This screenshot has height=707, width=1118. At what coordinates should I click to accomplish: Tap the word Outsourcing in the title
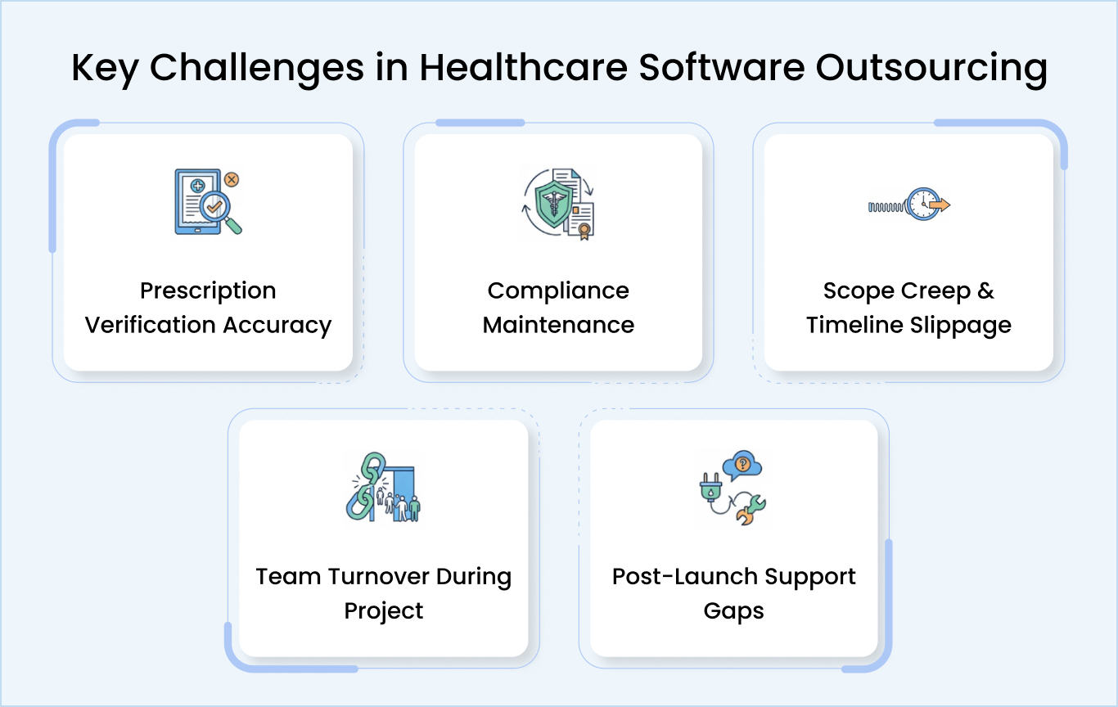[931, 69]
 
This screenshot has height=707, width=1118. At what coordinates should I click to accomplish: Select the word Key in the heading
[104, 69]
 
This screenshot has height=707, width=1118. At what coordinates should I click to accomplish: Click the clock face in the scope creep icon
[922, 204]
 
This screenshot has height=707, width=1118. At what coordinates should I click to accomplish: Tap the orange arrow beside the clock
[940, 205]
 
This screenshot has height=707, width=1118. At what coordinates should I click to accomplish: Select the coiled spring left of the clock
[887, 206]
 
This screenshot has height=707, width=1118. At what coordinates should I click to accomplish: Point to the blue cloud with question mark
[742, 466]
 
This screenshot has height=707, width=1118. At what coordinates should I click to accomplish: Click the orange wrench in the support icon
[748, 511]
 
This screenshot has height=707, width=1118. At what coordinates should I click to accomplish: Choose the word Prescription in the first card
[208, 291]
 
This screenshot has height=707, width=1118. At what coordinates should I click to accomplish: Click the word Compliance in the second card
[558, 291]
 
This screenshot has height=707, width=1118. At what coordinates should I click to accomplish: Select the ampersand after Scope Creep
[985, 291]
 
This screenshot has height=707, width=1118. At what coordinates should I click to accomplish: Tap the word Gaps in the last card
[733, 611]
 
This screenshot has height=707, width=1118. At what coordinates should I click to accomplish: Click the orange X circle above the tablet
[232, 178]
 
